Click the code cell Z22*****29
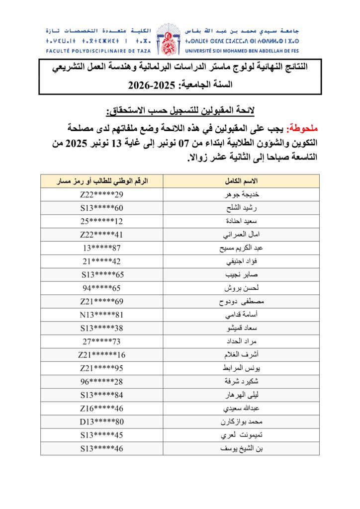pos(101,194)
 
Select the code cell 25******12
pos(101,221)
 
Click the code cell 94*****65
pos(101,288)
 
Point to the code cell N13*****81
pos(101,315)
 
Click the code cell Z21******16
pos(101,355)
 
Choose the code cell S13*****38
pos(101,328)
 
